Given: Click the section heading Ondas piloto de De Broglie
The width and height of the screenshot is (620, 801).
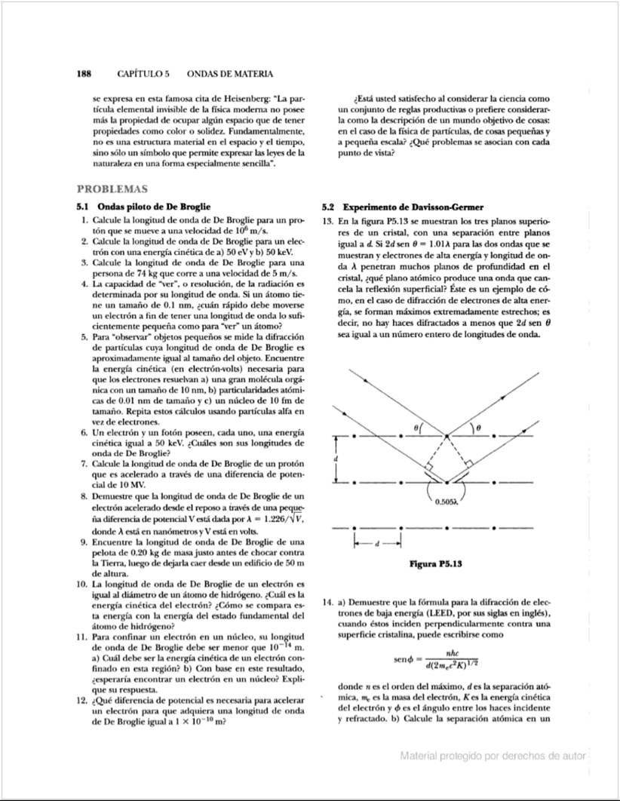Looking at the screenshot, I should pyautogui.click(x=155, y=207).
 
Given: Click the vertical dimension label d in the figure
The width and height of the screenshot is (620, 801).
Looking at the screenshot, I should pyautogui.click(x=337, y=458).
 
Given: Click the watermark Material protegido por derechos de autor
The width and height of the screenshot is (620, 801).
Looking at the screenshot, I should pyautogui.click(x=493, y=755).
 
